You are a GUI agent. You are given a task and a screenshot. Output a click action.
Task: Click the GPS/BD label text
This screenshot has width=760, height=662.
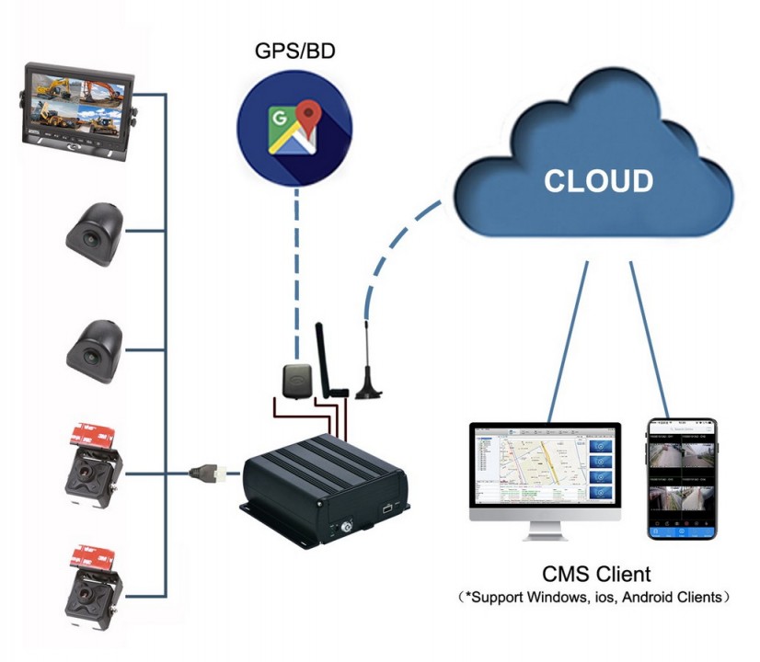(294, 48)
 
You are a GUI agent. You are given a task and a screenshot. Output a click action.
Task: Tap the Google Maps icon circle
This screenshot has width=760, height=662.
(294, 128)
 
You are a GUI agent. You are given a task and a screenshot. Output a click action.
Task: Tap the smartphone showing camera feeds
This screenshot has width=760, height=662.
(681, 478)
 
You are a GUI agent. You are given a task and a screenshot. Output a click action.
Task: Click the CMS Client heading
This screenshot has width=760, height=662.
(596, 575)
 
